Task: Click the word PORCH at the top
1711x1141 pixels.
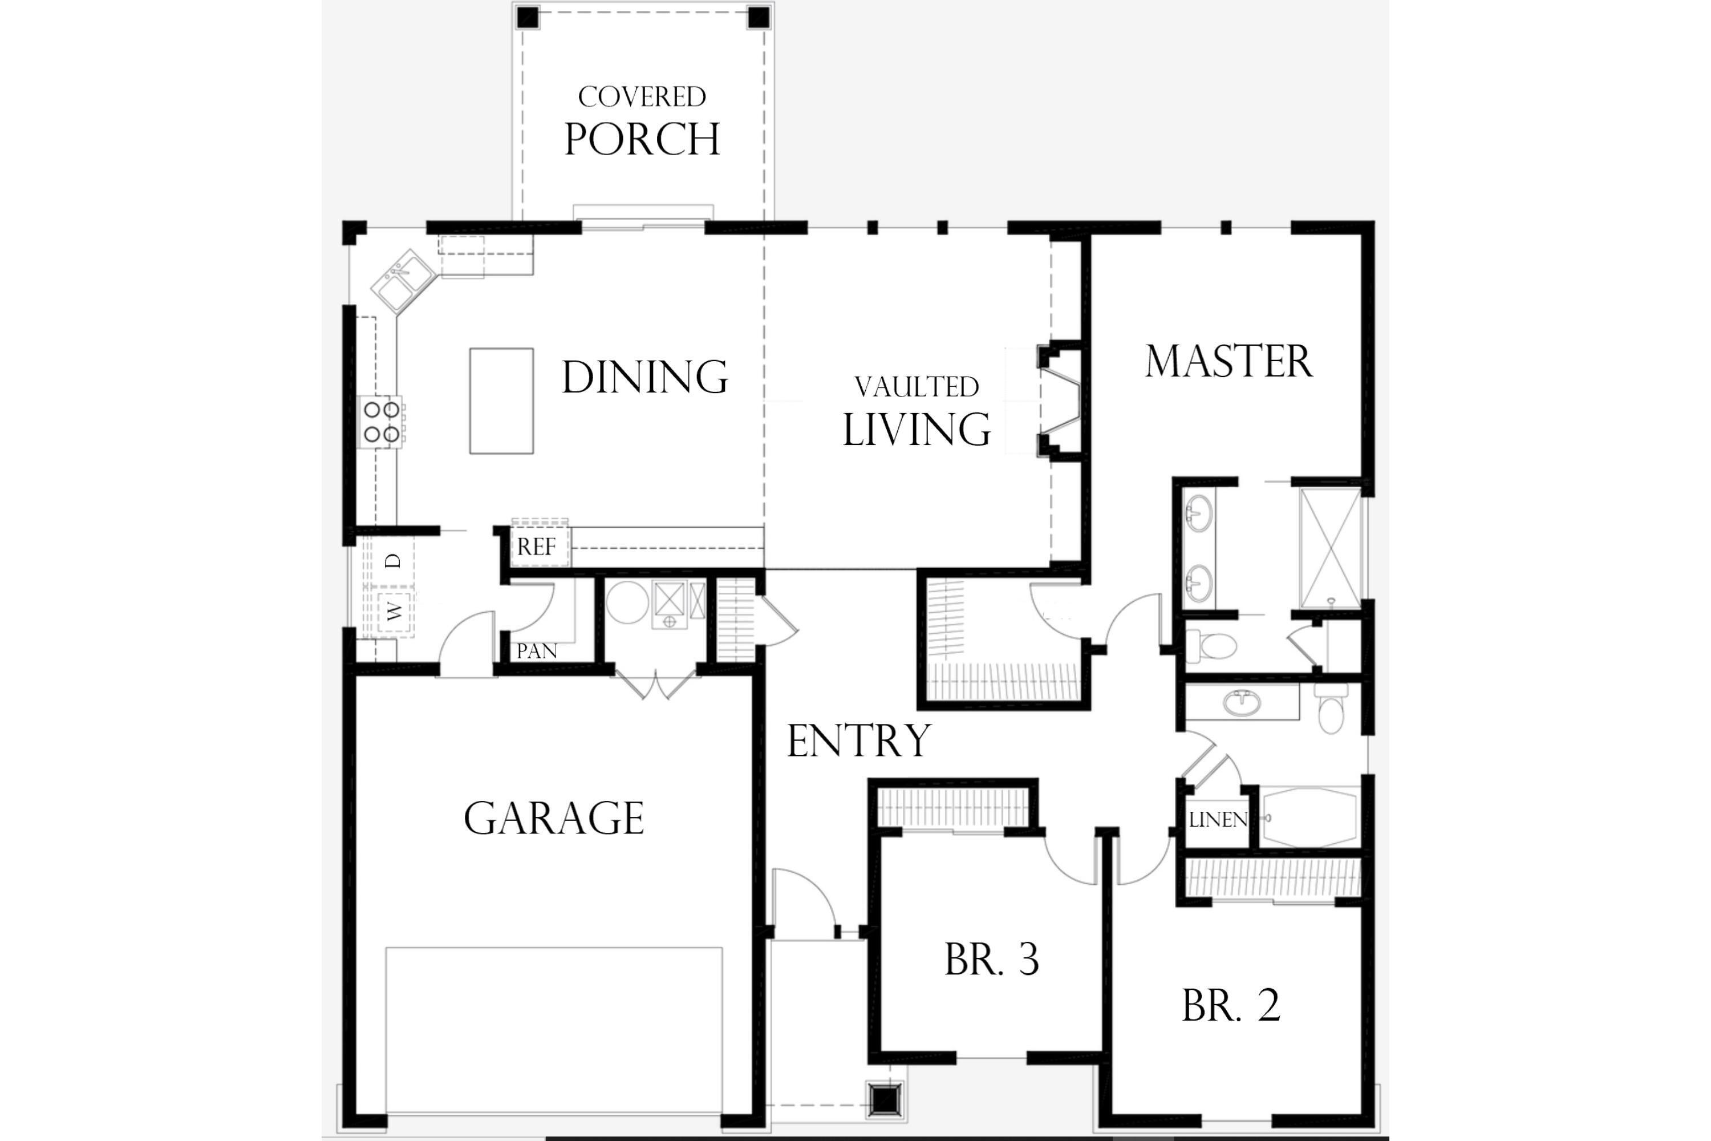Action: (642, 139)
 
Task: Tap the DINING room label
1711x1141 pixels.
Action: (644, 377)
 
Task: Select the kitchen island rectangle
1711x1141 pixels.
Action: (501, 401)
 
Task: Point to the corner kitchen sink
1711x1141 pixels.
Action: (402, 282)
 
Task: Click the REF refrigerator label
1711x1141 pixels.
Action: (536, 547)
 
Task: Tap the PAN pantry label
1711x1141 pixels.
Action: (537, 650)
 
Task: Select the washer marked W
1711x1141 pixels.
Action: (394, 611)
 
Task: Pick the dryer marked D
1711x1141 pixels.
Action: (393, 561)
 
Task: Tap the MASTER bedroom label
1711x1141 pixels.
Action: (1228, 362)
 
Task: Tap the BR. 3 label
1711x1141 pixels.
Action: (992, 960)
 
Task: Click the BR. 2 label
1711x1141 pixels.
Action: (1231, 1006)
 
